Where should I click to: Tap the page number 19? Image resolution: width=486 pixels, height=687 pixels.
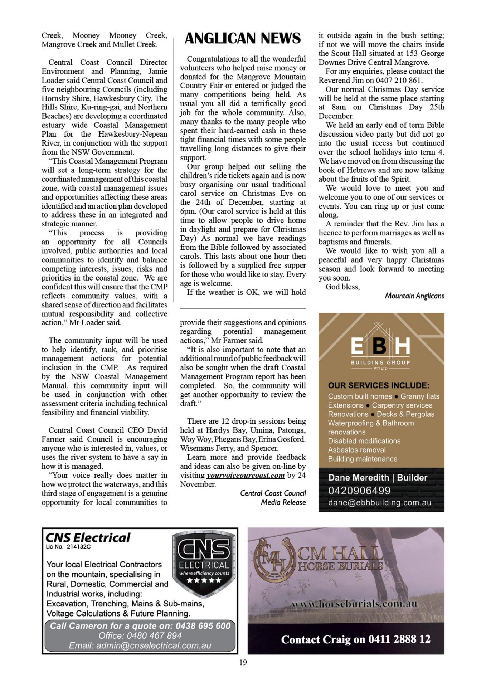coord(243,662)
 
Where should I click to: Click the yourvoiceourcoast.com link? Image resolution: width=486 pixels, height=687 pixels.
coord(246,475)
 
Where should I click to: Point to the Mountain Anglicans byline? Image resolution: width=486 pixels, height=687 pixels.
coord(414,296)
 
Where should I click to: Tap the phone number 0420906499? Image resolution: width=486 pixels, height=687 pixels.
coord(359,491)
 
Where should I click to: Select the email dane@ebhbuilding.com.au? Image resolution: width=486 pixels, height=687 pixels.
coord(380,502)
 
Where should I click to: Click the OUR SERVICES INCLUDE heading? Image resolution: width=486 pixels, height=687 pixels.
coord(379,385)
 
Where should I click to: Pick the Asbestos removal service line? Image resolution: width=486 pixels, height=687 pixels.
coord(357,450)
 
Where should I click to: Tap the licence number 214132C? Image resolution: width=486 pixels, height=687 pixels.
coord(79,547)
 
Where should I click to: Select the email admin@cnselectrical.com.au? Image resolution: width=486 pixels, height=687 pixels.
coord(140,645)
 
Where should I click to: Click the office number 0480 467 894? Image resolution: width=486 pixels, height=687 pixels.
coord(140,635)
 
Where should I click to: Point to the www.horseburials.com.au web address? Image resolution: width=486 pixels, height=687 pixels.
coord(354,604)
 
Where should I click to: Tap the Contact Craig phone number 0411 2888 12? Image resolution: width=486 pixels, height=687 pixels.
coord(399,639)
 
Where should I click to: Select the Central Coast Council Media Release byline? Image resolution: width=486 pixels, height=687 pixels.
coord(273,498)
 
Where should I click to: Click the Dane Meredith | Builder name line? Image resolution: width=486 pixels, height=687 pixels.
coord(378,477)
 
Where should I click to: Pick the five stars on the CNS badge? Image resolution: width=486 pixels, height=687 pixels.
coord(204,580)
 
